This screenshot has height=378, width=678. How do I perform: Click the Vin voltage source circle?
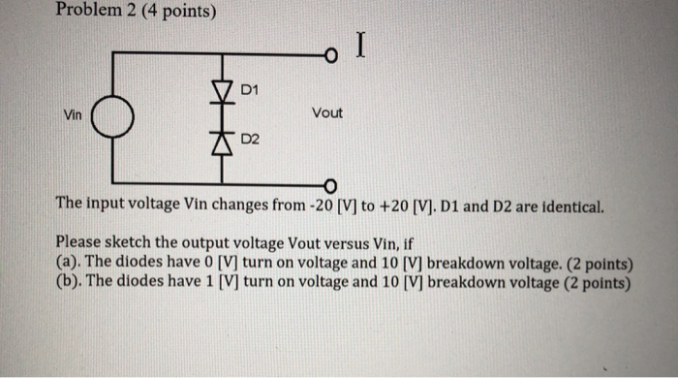click(113, 121)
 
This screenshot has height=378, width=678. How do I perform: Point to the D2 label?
click(249, 142)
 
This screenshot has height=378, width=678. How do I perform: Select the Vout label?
click(327, 113)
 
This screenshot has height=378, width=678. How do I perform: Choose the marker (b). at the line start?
click(69, 283)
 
